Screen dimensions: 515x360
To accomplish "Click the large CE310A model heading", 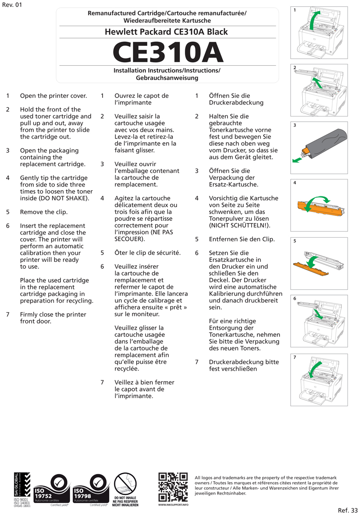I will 168,52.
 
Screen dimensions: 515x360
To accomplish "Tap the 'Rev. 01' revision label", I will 12,5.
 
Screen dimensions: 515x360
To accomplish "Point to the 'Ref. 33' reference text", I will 348,510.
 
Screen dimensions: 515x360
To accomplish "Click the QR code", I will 173,487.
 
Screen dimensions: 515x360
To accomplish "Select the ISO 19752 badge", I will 52,490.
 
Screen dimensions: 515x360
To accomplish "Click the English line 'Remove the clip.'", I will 44,212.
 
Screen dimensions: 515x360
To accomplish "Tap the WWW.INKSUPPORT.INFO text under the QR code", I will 173,505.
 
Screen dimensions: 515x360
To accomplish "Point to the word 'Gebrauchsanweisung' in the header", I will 167,78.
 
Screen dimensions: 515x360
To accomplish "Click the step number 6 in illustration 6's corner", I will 294,299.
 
